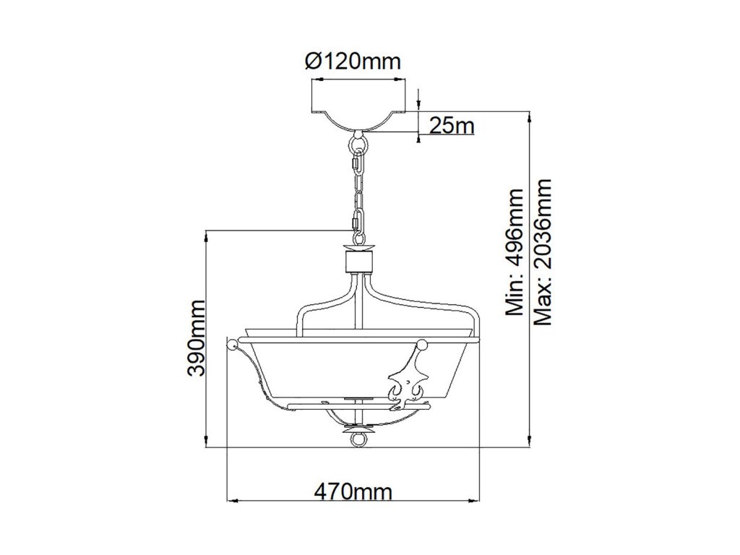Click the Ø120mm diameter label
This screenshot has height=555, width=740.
(353, 61)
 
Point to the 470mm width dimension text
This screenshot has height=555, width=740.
(353, 492)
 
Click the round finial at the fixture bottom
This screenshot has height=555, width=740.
(358, 437)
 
